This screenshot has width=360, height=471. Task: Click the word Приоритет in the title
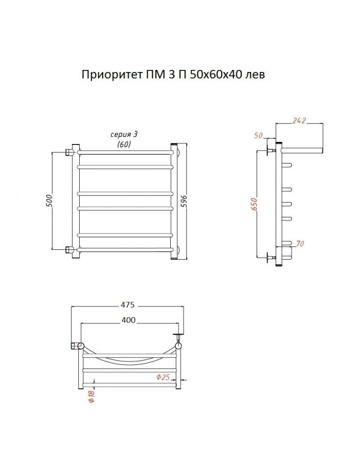[111, 75]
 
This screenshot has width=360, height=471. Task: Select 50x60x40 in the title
[216, 74]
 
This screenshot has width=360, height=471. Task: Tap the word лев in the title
[255, 75]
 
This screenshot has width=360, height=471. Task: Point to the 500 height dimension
[49, 201]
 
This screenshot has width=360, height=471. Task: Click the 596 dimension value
[184, 201]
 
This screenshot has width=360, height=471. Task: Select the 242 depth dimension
[299, 120]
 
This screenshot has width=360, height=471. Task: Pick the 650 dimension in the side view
[255, 204]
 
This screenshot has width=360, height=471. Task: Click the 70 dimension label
[300, 244]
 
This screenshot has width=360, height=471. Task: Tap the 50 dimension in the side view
[259, 135]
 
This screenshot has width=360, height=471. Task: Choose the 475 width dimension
[128, 304]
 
